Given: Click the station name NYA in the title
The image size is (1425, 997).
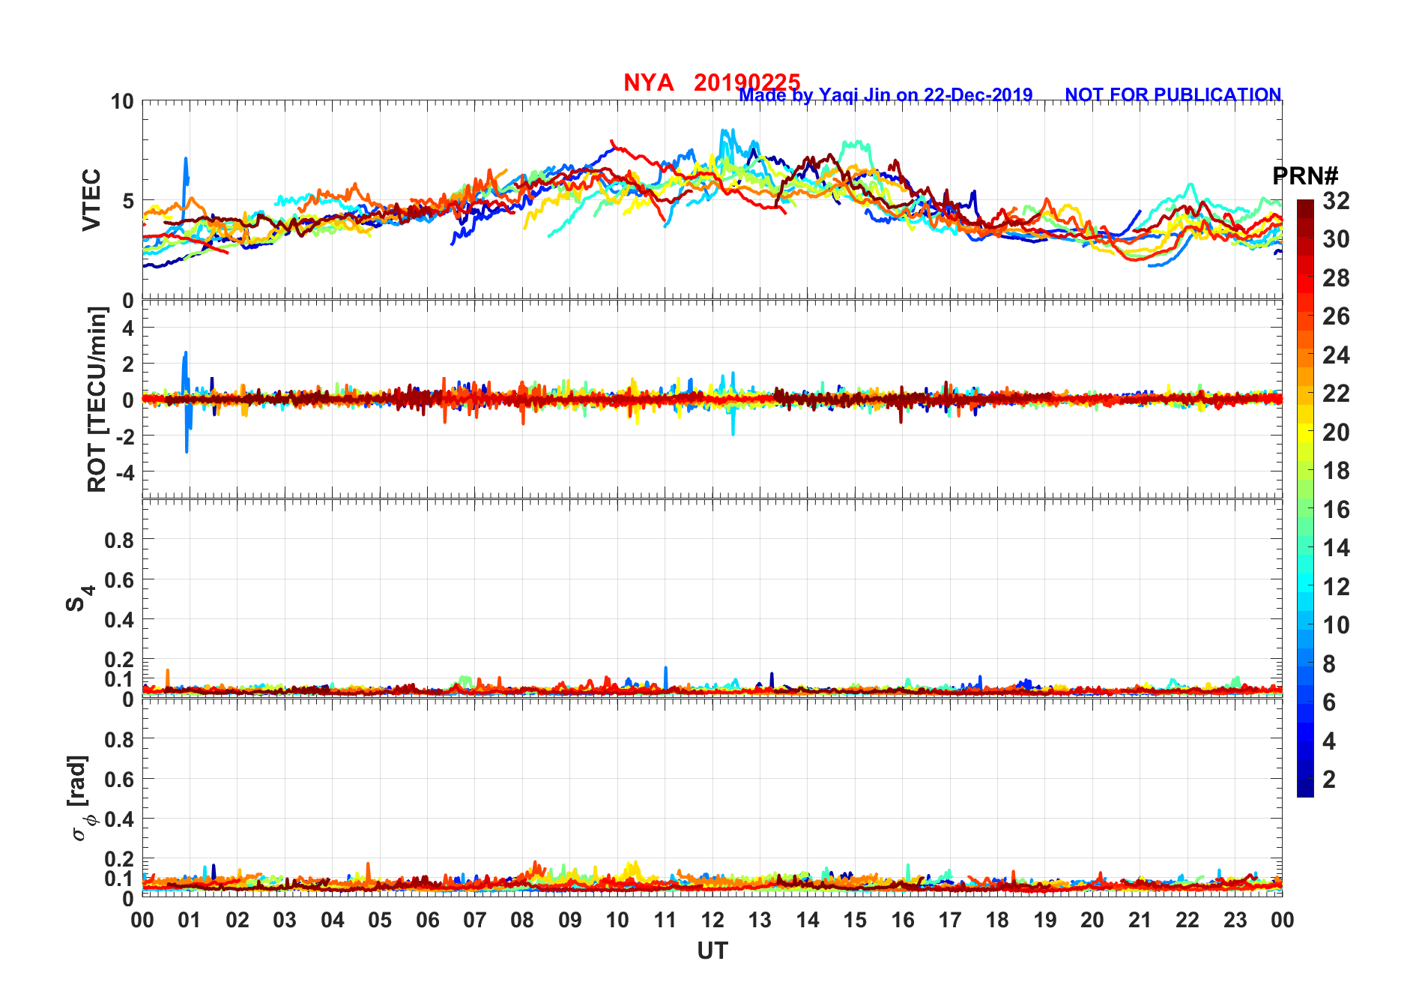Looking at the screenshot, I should [648, 82].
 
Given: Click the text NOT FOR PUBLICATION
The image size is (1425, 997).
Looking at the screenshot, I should [1173, 95].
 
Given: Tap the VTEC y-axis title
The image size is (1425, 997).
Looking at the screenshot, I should [91, 199].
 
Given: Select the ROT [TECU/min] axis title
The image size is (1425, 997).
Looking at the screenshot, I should [97, 399].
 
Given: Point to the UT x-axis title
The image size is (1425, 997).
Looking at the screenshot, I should [712, 951].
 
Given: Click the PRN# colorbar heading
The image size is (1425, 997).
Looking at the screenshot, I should [1305, 176].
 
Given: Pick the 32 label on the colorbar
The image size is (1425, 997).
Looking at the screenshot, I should [1336, 201].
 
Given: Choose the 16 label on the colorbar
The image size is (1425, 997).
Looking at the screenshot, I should [1336, 510].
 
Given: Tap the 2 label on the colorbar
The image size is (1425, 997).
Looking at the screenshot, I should [1329, 780].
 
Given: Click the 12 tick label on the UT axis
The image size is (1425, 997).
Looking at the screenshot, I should [712, 920].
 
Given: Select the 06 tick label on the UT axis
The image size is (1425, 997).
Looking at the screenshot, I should [427, 920].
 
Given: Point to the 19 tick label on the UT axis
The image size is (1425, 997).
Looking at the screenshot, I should [1044, 920].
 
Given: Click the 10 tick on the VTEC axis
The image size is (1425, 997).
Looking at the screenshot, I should [122, 101].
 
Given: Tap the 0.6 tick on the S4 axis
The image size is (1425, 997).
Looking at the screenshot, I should [119, 579].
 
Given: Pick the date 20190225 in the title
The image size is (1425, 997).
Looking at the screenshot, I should [746, 82].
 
